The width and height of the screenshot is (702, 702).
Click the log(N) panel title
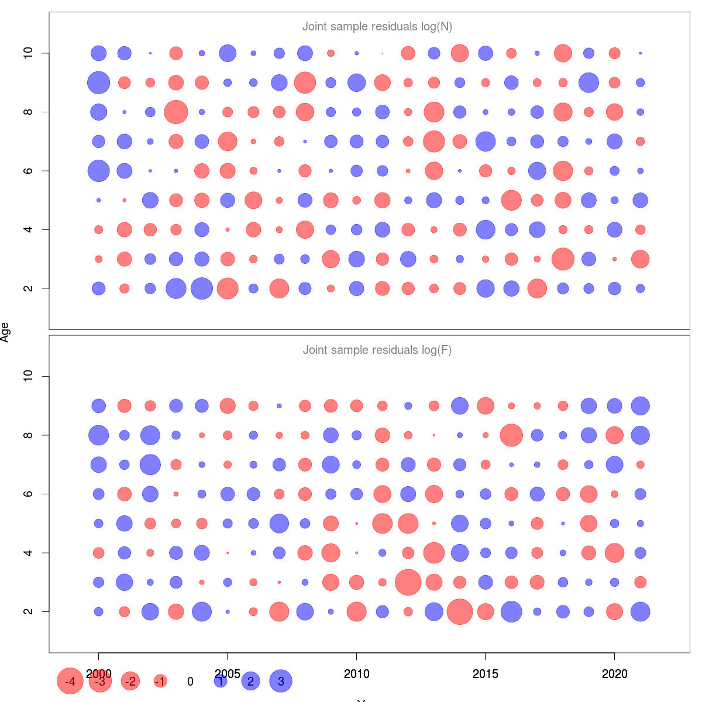click(x=377, y=27)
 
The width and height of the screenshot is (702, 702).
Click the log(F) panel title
click(x=377, y=350)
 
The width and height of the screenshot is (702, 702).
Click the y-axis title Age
click(x=5, y=332)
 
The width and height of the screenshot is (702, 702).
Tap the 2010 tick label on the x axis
click(x=356, y=674)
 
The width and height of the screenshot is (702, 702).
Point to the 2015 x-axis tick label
click(x=486, y=674)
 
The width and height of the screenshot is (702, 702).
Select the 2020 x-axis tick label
click(x=614, y=674)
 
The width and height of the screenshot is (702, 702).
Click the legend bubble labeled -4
click(x=70, y=682)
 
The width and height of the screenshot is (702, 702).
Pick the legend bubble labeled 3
click(x=281, y=681)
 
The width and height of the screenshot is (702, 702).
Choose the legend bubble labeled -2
click(x=130, y=682)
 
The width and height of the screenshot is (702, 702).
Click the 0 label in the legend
click(x=190, y=682)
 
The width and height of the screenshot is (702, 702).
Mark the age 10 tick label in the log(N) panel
click(x=28, y=53)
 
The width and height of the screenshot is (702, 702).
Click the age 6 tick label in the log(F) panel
click(x=28, y=494)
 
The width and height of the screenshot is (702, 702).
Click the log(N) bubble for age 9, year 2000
click(x=99, y=82)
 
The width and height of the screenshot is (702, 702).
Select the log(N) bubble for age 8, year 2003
click(x=176, y=112)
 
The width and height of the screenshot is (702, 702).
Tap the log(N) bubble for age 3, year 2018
click(x=563, y=259)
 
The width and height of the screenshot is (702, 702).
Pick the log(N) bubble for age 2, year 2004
click(x=202, y=288)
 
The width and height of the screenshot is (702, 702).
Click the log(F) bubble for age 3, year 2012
click(x=408, y=582)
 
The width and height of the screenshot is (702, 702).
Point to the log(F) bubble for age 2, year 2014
click(x=460, y=611)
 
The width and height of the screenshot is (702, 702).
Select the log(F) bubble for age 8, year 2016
click(x=511, y=435)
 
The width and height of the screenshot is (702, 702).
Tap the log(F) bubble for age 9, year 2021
click(x=641, y=405)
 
